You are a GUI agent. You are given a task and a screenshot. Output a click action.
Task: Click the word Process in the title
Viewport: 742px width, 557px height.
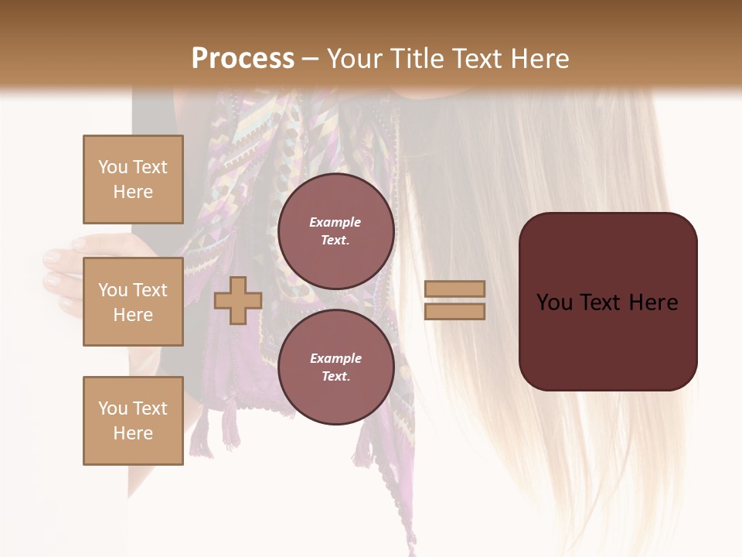243,58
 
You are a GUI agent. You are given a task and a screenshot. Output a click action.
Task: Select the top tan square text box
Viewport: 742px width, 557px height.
133,179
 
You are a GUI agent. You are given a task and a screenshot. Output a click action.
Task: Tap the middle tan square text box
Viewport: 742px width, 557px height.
133,302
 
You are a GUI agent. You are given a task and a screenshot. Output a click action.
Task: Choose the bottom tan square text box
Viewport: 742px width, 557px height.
133,420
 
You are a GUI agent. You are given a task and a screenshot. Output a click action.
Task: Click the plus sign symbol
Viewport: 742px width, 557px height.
237,301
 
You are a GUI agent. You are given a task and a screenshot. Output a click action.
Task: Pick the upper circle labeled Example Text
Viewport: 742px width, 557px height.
335,231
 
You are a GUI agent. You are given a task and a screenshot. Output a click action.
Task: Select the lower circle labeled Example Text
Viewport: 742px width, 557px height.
335,367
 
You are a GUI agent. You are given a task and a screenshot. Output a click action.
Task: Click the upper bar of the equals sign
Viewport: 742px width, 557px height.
454,289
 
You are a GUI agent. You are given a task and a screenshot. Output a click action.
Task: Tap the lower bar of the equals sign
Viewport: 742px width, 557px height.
454,311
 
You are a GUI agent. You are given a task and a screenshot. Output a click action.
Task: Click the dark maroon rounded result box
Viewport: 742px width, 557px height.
608,333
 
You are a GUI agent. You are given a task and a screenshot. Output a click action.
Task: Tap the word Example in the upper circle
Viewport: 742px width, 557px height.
335,222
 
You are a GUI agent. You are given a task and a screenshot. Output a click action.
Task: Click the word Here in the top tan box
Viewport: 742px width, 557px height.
133,192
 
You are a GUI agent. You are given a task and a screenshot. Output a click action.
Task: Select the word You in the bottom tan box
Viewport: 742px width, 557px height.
113,408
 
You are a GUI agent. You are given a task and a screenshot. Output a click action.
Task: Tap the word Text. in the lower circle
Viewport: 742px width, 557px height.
335,376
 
